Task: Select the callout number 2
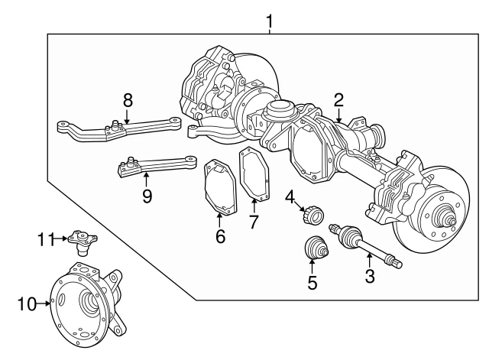(x=338, y=99)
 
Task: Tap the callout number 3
(x=370, y=276)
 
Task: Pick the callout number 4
(x=290, y=196)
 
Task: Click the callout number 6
(x=220, y=236)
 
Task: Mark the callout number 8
(x=128, y=99)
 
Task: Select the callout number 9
(x=147, y=196)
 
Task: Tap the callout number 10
(x=27, y=304)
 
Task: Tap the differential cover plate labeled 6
(x=219, y=187)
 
